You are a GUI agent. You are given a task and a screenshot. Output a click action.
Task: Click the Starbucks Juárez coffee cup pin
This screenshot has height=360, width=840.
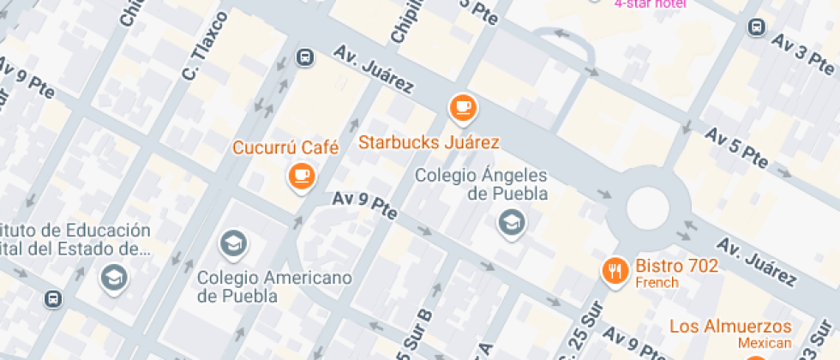tap(463, 108)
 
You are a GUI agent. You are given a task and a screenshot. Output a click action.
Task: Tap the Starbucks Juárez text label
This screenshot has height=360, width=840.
tap(429, 141)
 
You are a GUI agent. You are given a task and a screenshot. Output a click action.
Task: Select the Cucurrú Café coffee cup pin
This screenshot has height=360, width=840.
tap(301, 176)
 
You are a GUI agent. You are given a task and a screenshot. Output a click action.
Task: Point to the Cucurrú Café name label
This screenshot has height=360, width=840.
tap(285, 148)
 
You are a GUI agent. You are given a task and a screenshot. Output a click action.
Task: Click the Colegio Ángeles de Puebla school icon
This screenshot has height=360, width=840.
tap(512, 224)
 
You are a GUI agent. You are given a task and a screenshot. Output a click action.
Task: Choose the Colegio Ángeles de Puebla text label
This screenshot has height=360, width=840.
tap(481, 184)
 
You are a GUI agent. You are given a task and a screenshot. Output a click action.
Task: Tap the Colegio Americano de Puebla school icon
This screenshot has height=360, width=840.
tap(232, 244)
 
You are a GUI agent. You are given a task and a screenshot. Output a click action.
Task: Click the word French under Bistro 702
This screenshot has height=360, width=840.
tap(657, 283)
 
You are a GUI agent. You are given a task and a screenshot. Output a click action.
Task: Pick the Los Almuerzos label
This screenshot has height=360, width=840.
tap(730, 327)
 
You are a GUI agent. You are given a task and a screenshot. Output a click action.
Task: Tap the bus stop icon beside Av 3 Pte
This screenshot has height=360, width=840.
tap(757, 27)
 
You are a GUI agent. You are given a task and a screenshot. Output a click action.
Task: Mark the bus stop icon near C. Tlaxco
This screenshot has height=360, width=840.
tap(304, 57)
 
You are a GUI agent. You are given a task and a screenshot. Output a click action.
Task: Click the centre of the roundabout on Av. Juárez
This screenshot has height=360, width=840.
tap(647, 208)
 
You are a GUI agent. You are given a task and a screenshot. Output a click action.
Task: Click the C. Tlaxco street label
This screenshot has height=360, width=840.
tap(205, 48)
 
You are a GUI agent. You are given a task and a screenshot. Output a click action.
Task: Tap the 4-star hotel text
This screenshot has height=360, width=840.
tap(651, 3)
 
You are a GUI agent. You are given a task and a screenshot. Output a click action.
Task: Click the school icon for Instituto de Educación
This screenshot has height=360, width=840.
tap(112, 276)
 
